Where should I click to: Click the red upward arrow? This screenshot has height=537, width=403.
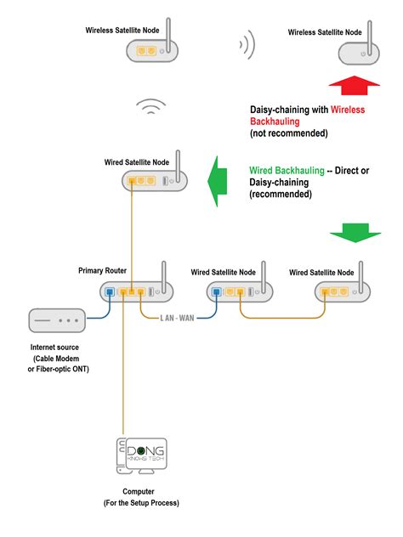click(x=355, y=86)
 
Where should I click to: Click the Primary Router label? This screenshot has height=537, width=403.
click(x=103, y=270)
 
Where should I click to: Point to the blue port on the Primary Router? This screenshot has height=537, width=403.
click(x=109, y=293)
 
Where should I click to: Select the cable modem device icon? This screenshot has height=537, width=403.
click(x=57, y=321)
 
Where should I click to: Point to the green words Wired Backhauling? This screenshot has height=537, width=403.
click(x=287, y=171)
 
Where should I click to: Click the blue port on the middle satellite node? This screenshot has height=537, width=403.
click(x=216, y=293)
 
